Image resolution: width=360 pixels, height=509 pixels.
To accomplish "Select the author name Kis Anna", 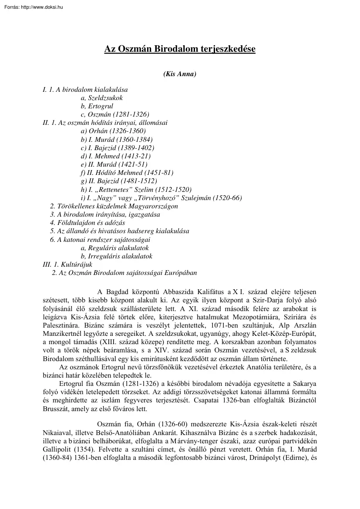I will (x=180, y=74).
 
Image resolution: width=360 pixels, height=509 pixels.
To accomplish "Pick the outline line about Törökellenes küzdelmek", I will (x=114, y=206).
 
